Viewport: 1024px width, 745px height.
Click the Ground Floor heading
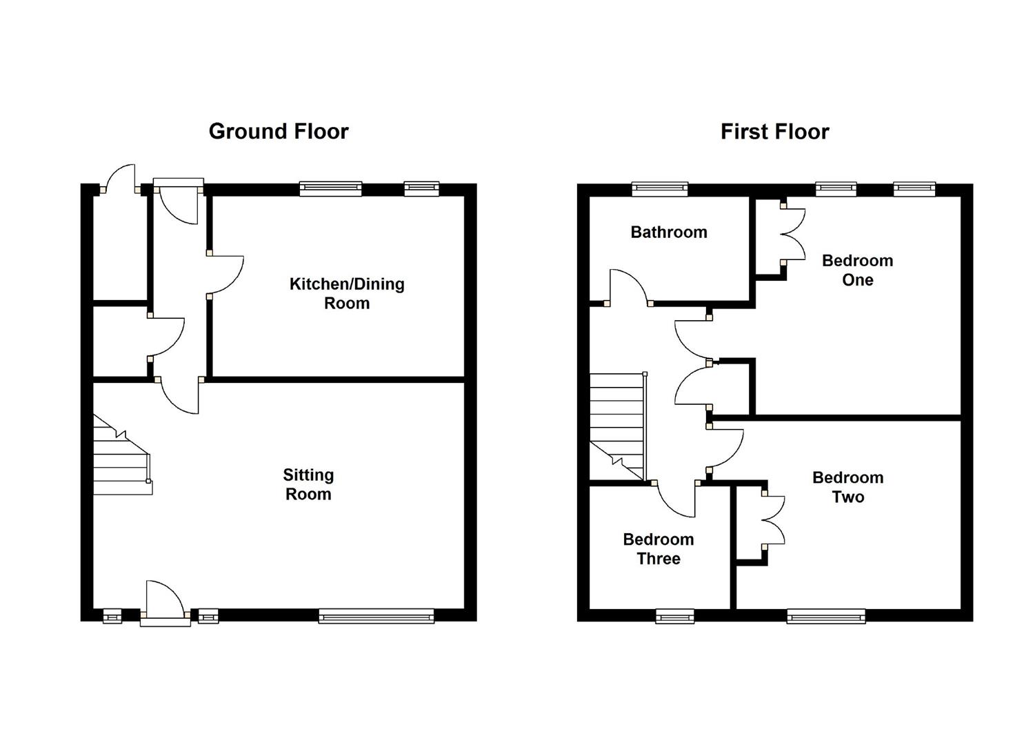279,131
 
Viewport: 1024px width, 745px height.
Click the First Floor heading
774,131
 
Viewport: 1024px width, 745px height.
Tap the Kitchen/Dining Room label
347,293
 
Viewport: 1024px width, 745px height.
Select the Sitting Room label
308,484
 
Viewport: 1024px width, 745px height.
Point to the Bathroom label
669,232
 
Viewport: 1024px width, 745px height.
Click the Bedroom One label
857,270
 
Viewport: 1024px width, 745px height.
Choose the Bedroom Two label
847,487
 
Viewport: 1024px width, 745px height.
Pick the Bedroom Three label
659,549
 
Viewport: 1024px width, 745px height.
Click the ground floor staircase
121,459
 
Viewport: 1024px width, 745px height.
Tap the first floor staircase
617,424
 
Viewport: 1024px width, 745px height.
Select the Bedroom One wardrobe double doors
793,235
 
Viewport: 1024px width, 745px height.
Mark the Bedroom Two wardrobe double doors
774,520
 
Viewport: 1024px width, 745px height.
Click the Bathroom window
660,188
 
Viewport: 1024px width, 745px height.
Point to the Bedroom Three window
675,616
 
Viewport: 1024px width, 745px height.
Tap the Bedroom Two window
826,616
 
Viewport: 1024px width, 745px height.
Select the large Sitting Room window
377,615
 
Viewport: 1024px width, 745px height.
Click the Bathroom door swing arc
628,284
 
